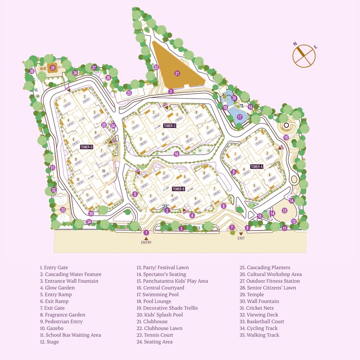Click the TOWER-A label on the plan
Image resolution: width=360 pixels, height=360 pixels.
tap(257, 167)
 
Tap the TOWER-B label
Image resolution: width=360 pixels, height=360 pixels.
tap(178, 189)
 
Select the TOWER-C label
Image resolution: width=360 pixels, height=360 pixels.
tap(169, 126)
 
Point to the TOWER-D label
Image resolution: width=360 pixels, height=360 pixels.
tap(86, 147)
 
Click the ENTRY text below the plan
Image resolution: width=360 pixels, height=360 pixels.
tap(146, 243)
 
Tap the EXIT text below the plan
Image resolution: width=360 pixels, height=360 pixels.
tap(241, 238)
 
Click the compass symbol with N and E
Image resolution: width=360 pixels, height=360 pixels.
tap(304, 56)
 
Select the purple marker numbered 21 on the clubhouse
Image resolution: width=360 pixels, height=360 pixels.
tap(177, 73)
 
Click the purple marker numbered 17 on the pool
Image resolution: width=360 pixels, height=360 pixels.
tap(240, 117)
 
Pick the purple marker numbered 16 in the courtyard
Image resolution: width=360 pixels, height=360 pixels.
tap(176, 154)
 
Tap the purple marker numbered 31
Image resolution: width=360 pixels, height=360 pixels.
tap(53, 168)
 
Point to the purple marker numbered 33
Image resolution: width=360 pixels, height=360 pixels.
tap(63, 210)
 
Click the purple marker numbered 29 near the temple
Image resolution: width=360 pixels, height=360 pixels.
tap(53, 68)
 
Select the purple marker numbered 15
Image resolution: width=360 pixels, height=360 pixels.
tap(286, 137)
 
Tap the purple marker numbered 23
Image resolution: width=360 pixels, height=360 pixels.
tap(129, 93)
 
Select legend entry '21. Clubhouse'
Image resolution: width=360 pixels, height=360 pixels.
tap(152, 321)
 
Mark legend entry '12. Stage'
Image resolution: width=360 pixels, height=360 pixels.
tap(49, 342)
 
